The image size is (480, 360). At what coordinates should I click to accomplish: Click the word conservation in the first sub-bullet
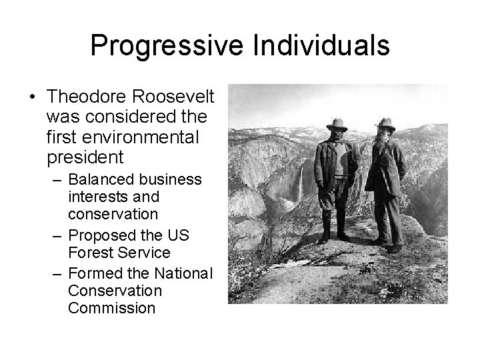point(113,215)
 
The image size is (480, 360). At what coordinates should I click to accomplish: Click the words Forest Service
point(119,254)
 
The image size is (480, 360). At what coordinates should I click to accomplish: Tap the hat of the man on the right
point(385,123)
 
